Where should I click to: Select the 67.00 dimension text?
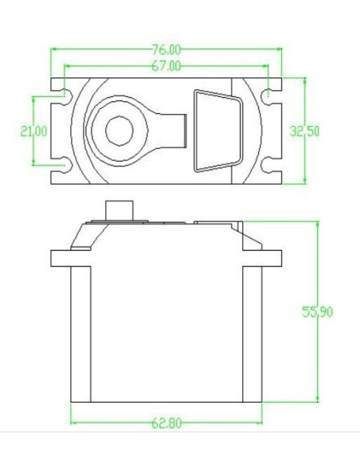pos(165,65)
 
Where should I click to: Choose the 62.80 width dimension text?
pos(166,423)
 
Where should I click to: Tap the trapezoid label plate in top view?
pos(215,131)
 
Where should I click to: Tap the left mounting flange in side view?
pos(61,258)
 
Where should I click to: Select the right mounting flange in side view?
pos(272,258)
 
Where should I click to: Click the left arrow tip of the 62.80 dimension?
pos(72,423)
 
